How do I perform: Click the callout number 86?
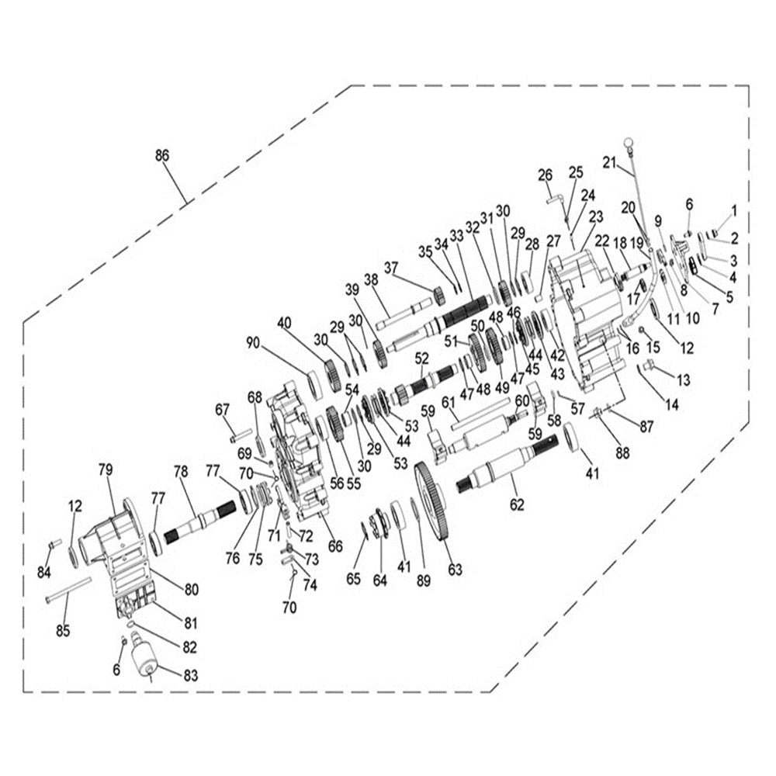(161, 155)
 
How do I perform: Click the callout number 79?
(106, 469)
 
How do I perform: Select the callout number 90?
(253, 344)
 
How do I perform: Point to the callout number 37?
(391, 268)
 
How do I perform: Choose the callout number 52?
(421, 359)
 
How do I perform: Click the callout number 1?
(733, 210)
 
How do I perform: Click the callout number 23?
(596, 216)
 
